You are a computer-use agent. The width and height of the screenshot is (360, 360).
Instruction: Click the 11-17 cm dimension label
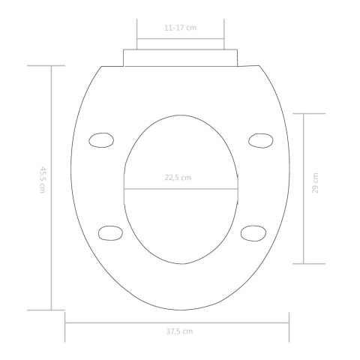point(180,28)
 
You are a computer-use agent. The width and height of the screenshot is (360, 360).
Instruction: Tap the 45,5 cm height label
point(42,180)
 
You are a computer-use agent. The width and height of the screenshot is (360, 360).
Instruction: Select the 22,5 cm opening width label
point(178,178)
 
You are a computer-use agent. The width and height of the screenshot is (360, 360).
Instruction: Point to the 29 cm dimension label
point(315,183)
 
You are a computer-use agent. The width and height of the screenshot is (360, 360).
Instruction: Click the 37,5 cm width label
point(179,331)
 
